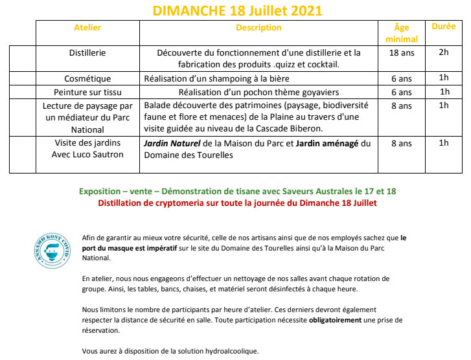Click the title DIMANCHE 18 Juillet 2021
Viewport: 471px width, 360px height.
tap(236, 10)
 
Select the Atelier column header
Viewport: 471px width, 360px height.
tap(87, 28)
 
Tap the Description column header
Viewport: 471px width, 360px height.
tap(258, 28)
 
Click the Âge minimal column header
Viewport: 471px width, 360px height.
tap(402, 33)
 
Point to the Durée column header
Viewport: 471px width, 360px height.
tap(443, 27)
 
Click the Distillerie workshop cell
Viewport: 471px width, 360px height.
tap(87, 52)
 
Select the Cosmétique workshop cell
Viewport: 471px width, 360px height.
tap(87, 79)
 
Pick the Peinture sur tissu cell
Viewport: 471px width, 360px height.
tap(87, 92)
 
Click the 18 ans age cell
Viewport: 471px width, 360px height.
tap(402, 52)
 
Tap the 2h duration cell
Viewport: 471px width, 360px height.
tap(444, 52)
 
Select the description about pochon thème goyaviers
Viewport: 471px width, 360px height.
tap(258, 92)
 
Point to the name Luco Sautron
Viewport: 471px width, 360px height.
tap(98, 155)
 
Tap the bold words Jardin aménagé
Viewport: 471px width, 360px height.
tap(327, 144)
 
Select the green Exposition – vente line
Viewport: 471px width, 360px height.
tap(237, 192)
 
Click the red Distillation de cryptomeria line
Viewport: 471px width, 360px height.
tap(237, 203)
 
